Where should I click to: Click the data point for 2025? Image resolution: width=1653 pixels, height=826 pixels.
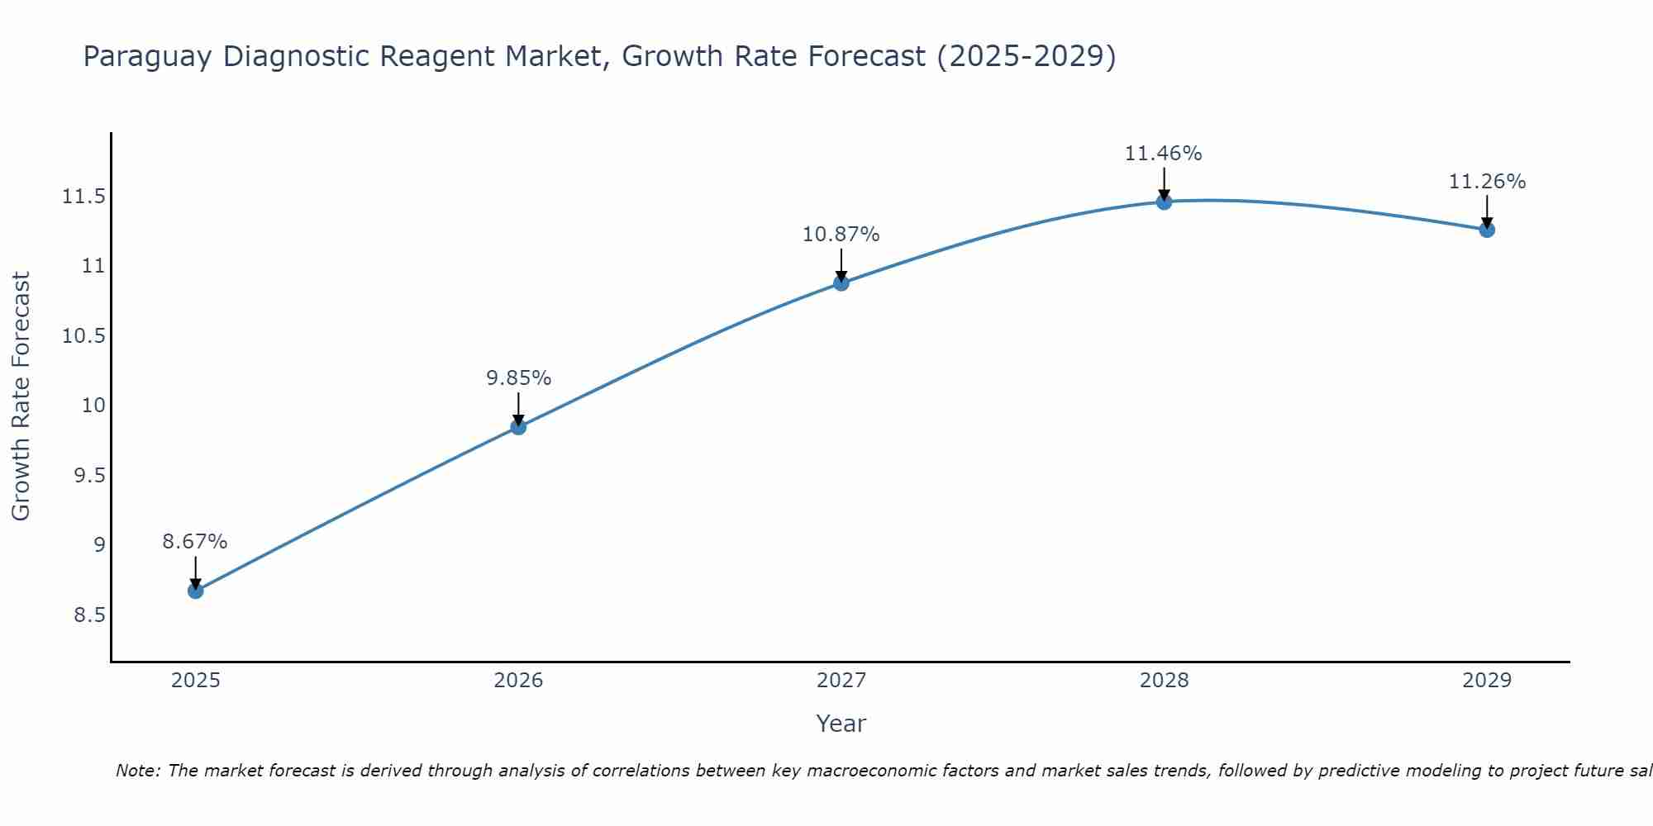[x=195, y=591]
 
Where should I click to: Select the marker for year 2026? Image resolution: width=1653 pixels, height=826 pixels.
[x=518, y=426]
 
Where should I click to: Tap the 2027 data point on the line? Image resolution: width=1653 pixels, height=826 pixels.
[x=841, y=283]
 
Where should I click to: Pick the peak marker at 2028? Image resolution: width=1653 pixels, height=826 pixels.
[x=1164, y=202]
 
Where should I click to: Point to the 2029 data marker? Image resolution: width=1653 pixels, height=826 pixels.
[x=1487, y=230]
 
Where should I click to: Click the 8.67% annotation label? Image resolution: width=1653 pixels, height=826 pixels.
[x=194, y=542]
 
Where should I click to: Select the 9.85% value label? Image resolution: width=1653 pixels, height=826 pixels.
[x=518, y=377]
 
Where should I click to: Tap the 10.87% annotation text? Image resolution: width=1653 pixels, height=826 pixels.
[x=841, y=235]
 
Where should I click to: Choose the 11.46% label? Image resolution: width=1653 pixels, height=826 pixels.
[x=1163, y=154]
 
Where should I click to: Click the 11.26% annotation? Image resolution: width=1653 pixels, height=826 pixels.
[x=1487, y=182]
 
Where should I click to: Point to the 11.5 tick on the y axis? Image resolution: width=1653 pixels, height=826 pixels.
[x=83, y=197]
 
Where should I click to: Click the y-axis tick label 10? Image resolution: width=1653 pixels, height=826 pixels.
[x=93, y=406]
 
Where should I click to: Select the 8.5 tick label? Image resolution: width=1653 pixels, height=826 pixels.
[x=89, y=615]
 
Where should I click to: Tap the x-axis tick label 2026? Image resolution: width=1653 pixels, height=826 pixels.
[x=518, y=681]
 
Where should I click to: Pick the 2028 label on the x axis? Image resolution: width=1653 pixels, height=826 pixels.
[x=1164, y=681]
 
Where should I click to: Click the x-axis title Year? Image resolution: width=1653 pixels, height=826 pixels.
[x=841, y=724]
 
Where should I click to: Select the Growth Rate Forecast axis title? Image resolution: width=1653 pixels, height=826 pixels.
[x=21, y=396]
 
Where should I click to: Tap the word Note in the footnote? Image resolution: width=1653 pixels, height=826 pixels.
[x=137, y=771]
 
